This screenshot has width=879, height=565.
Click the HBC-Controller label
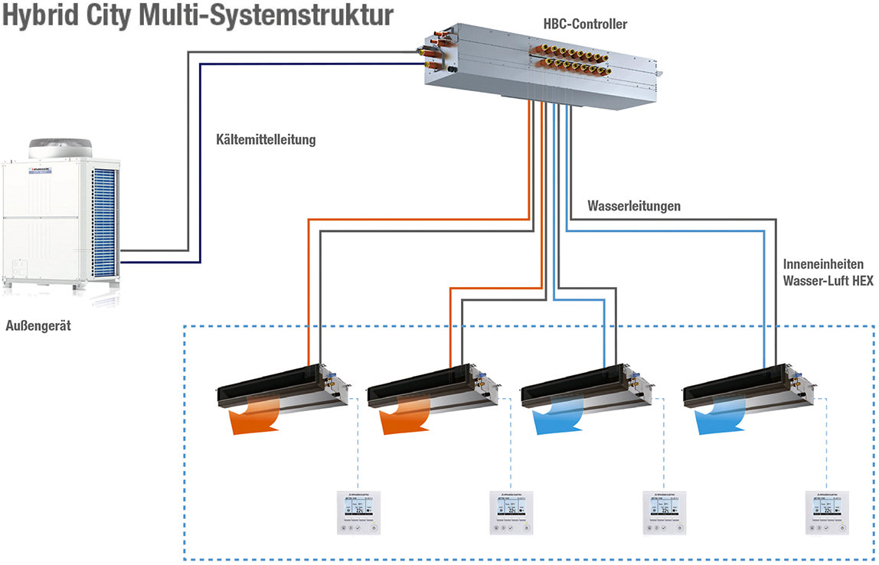pos(586,24)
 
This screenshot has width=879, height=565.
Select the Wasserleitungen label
pos(634,206)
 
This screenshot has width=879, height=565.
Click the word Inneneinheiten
pos(824,264)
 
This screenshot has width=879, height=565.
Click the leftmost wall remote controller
pos(358,512)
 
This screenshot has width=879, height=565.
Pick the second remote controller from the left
pos(510,512)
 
